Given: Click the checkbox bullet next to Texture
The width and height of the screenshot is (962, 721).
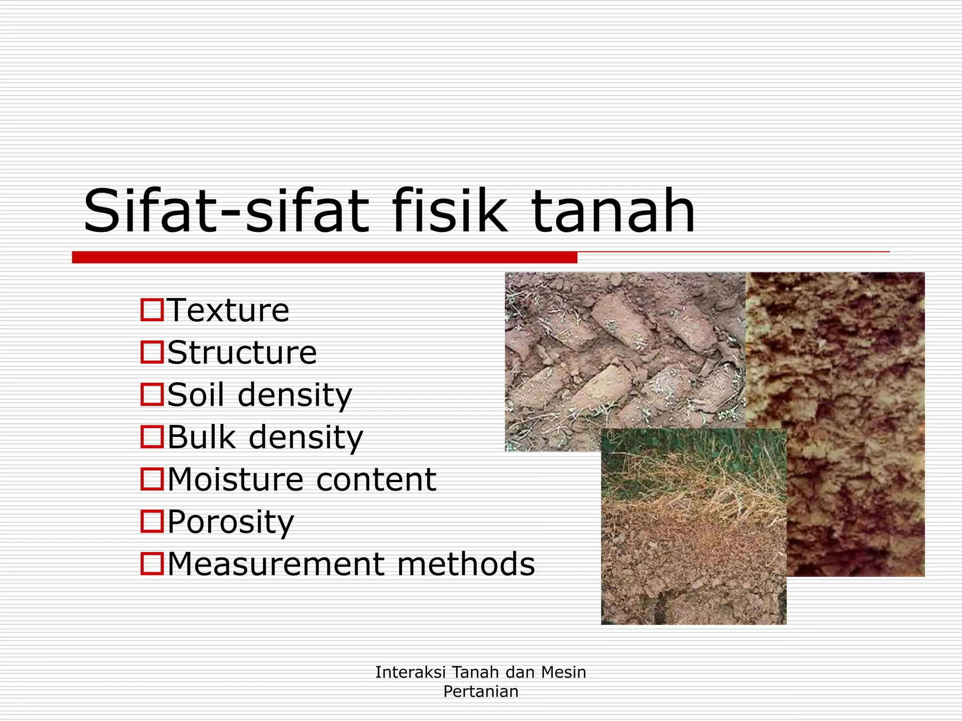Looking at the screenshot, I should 152,310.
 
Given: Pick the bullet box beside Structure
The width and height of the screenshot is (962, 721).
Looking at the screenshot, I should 152,352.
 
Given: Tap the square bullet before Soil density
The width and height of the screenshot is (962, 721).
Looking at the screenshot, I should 152,394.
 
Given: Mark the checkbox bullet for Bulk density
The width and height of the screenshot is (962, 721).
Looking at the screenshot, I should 152,437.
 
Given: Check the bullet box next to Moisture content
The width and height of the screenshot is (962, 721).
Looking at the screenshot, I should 152,479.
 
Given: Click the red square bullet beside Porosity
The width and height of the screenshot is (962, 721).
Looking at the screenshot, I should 152,521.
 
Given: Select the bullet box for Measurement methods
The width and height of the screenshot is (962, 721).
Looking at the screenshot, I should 152,563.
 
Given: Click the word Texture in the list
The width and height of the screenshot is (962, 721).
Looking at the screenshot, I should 228,310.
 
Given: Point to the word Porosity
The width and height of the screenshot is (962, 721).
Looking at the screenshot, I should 231,522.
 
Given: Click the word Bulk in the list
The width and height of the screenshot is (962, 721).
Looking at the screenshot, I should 201,437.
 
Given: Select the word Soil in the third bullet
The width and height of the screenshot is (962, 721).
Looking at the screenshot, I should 195,395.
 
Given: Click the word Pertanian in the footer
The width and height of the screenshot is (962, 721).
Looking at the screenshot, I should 481,691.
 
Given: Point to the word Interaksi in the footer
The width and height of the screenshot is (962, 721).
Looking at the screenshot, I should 410,672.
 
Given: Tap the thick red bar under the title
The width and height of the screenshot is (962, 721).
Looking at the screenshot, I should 324,257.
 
